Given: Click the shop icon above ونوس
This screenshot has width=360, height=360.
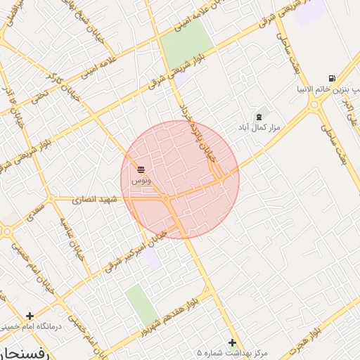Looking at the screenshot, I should pyautogui.click(x=141, y=169).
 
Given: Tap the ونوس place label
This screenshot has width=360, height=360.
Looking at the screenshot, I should pyautogui.click(x=139, y=181).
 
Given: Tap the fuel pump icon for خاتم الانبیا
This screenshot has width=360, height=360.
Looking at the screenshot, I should pyautogui.click(x=331, y=78).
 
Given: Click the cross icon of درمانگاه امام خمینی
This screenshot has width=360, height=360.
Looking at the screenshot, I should pyautogui.click(x=30, y=316).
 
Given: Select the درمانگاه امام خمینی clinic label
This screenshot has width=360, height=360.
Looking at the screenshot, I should pyautogui.click(x=32, y=327).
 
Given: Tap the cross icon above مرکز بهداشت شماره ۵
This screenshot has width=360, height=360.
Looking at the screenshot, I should pyautogui.click(x=232, y=342).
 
